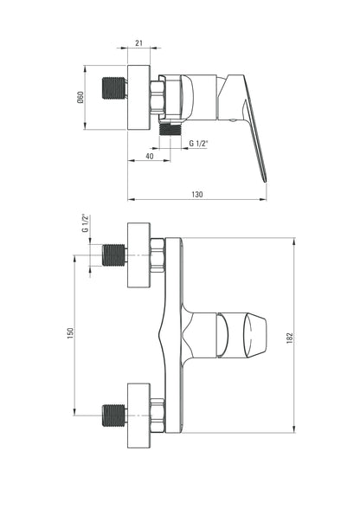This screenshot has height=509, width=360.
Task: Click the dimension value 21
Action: pos(138,43)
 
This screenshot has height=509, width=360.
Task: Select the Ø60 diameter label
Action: pos(80,97)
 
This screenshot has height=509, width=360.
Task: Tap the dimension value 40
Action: pos(150,156)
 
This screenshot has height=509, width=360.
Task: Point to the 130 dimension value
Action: pos(197,195)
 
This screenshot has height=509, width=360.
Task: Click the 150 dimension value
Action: pos(70,333)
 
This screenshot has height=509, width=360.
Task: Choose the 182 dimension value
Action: pos(290,338)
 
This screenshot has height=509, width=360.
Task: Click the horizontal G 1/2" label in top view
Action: pos(198,143)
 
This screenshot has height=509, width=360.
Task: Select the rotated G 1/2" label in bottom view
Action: pos(85,223)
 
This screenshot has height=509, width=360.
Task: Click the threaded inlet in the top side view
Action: pos(114,88)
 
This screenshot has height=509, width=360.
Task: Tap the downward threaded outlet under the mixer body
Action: pos(170,129)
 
